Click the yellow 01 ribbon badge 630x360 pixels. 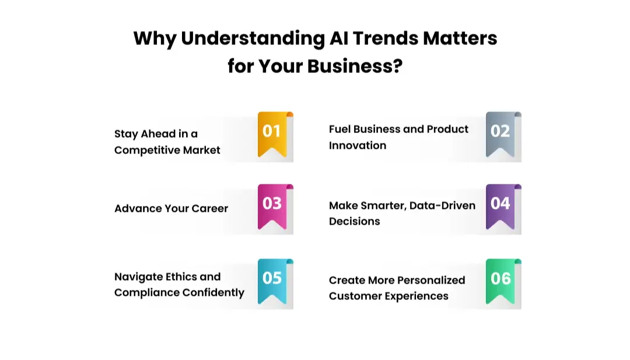click(272, 133)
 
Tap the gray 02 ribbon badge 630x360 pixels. click(501, 133)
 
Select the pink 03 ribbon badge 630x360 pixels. click(272, 205)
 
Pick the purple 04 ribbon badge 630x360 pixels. click(501, 205)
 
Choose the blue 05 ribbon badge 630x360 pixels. click(272, 280)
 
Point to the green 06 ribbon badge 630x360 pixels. click(501, 280)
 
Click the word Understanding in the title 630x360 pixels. click(253, 39)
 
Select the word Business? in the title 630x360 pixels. click(355, 66)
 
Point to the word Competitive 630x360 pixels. click(146, 150)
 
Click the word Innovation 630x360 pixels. click(358, 145)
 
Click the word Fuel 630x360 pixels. click(339, 129)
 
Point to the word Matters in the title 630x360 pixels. click(460, 39)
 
